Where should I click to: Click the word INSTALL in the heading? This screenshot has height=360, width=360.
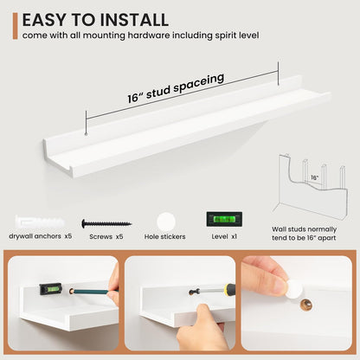pos(133,20)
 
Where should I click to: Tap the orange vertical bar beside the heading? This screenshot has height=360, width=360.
pos(15,26)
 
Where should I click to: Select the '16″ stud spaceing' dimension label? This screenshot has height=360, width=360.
pos(176,87)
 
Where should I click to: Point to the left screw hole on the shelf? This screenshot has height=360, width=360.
pos(86,134)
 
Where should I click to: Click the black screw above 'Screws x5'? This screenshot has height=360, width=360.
pos(106,223)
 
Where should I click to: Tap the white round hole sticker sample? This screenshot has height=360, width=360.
pos(166,222)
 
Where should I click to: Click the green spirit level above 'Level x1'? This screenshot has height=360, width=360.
pos(224,220)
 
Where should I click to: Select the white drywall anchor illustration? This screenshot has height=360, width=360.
pos(40,222)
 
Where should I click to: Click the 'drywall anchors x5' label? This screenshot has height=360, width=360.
pos(41,236)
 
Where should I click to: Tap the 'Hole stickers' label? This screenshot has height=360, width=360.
pos(165,237)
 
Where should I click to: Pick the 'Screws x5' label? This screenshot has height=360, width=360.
pos(106,237)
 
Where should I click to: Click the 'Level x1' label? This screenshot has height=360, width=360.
pos(224,236)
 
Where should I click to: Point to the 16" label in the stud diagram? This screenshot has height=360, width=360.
pos(314,177)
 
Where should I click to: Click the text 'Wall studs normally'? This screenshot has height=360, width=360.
pos(304,229)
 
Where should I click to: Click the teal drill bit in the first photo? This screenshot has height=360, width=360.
pos(92,292)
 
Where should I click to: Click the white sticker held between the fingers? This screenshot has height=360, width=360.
pos(294,289)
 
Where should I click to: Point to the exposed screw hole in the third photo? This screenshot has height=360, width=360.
pos(306,305)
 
